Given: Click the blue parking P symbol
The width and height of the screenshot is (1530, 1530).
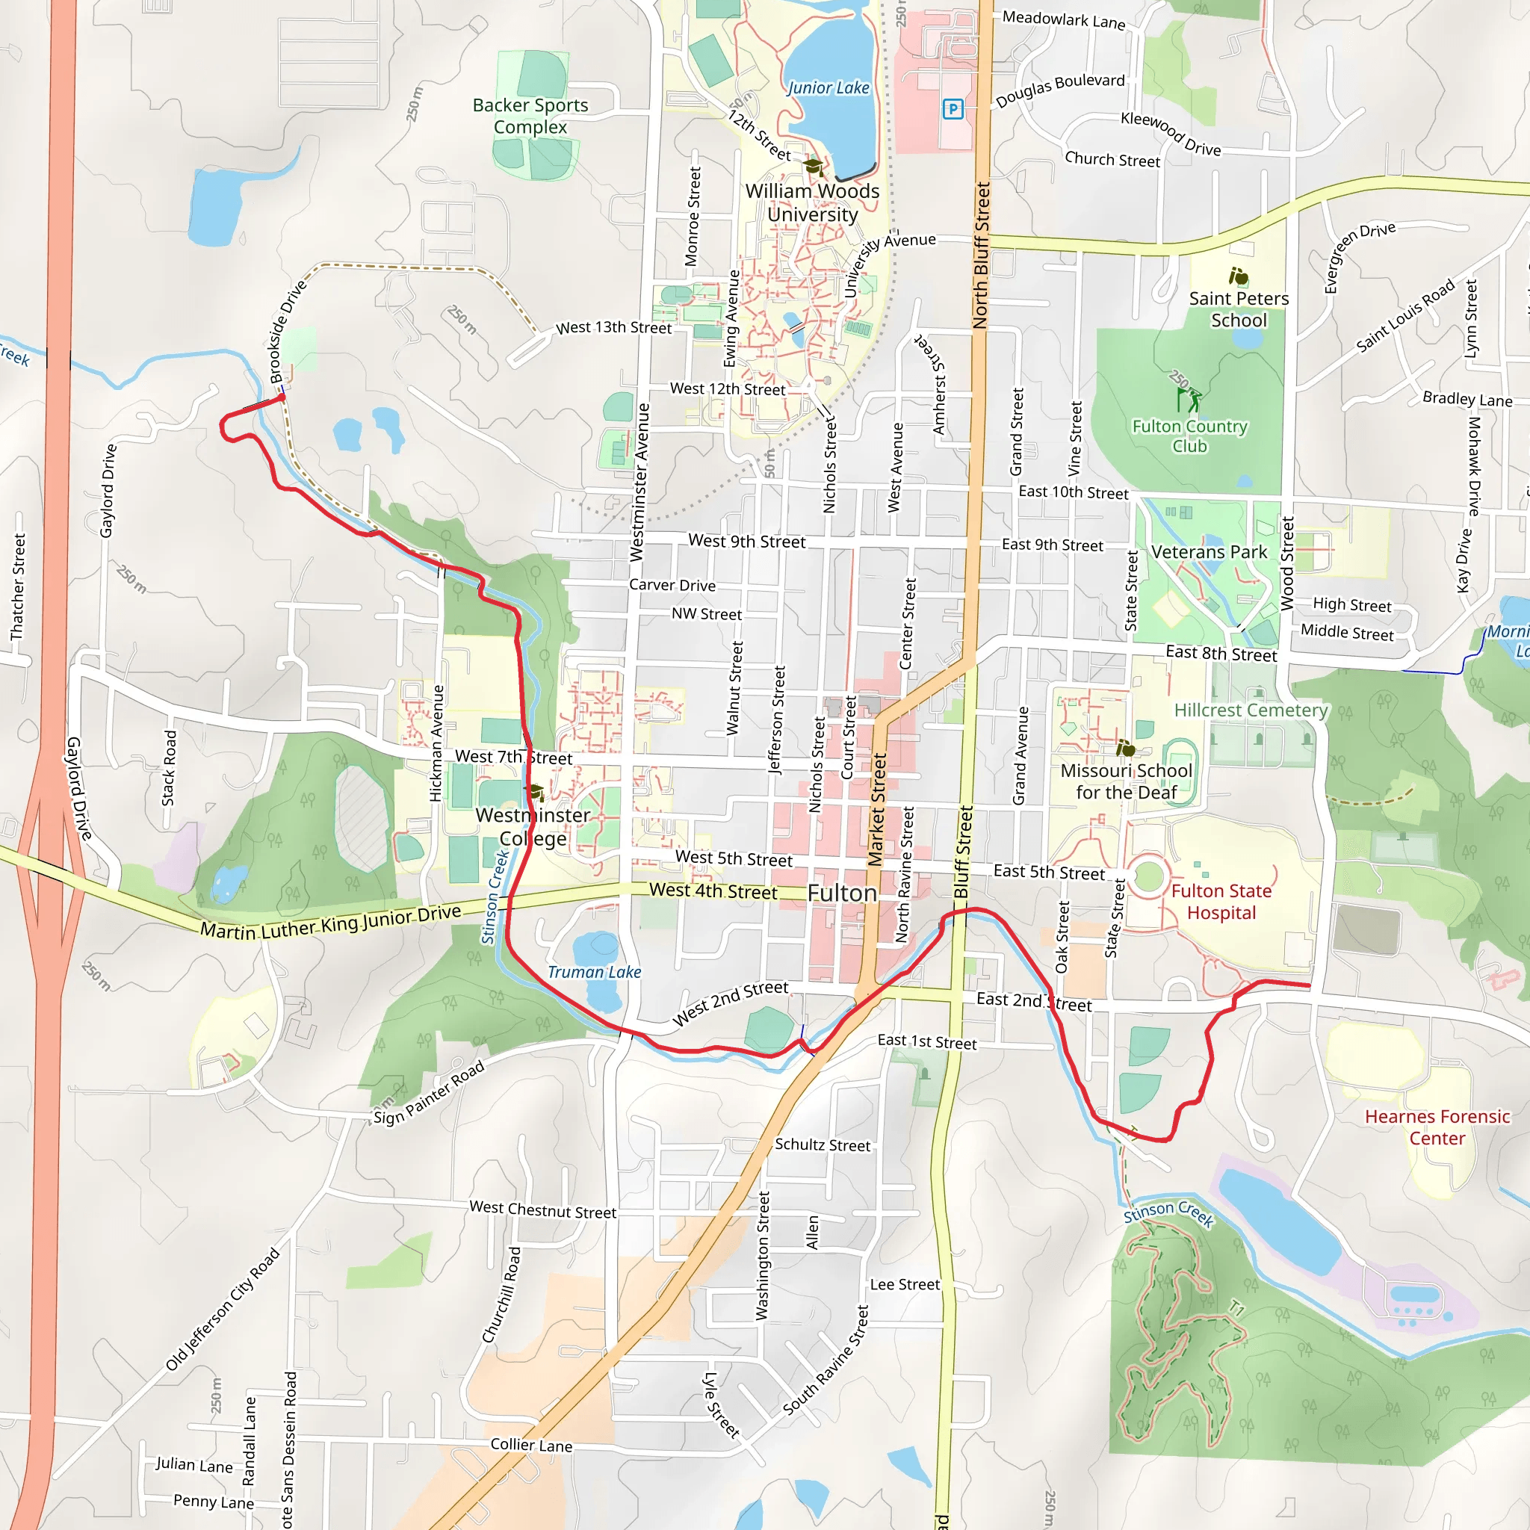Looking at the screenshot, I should coord(953,109).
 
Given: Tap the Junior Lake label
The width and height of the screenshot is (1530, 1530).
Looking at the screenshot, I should coord(828,88).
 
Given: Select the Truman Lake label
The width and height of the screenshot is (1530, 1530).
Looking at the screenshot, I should coord(594,973).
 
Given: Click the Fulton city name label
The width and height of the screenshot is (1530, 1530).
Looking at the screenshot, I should coord(842,893).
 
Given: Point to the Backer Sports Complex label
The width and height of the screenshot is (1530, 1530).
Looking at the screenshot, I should coord(530,116).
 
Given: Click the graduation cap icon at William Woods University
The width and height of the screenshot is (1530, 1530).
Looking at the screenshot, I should coord(813,167).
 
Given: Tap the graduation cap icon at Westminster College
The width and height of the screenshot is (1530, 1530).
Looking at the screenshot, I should coord(536,792).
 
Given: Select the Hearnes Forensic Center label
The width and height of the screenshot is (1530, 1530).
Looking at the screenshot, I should coord(1437,1127).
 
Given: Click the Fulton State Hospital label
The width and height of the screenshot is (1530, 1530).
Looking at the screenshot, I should coord(1221,902).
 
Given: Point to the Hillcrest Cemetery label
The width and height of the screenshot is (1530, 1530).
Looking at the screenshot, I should coord(1251,710).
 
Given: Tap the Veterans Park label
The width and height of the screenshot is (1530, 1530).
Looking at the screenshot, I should coord(1210,552).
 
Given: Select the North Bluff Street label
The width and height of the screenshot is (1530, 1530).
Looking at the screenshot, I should coord(981,255).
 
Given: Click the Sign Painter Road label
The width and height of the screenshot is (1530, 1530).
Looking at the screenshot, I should coord(428,1094).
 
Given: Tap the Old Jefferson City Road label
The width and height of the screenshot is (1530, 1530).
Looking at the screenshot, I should coord(223,1309).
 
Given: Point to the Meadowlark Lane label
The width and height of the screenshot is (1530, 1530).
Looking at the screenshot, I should coord(1064,20).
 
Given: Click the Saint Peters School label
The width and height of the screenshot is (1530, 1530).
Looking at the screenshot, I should coord(1239,309).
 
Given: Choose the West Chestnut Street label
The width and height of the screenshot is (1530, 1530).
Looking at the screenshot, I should coord(542,1210).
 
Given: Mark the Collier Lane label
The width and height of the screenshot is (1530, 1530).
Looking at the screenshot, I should coord(530,1445).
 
